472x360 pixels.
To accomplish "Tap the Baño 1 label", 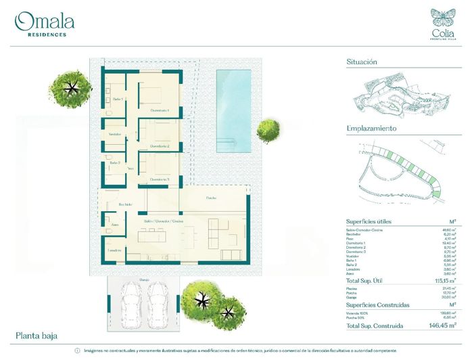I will pos(118,99).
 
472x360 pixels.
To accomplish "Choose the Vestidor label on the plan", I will pos(116,135).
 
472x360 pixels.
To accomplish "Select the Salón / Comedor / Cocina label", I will pos(164,221).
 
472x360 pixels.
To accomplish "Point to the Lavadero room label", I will pos(116,250).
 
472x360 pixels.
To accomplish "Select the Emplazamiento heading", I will pos(371,129).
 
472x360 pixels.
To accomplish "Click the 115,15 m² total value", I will pos(443,279).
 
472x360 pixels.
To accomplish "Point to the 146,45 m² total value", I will pos(441,325).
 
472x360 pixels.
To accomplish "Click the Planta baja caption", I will pos(37,336).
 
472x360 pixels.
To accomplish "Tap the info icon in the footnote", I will pos(77,351).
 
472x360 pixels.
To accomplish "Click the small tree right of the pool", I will pos(268,130).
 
